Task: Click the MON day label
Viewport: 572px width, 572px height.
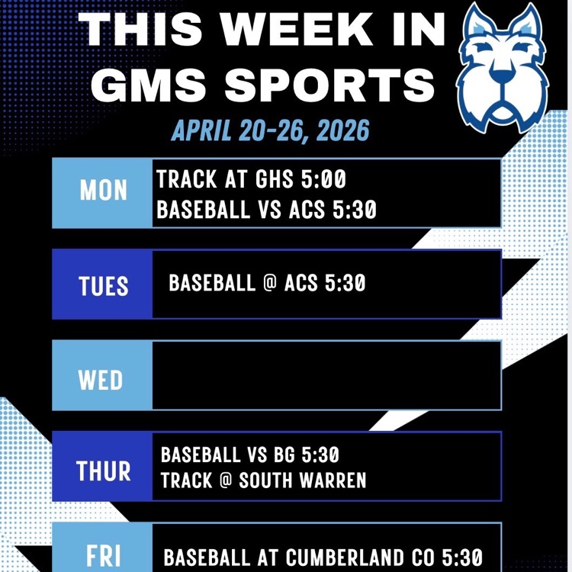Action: pos(103,191)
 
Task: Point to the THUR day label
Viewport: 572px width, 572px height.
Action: pos(103,471)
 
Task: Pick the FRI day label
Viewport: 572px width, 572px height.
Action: pos(103,555)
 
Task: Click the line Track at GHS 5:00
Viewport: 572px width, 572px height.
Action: pos(251,180)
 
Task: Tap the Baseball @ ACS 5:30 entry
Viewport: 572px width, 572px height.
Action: pos(267,284)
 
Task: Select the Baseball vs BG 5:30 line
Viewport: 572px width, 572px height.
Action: pos(249,455)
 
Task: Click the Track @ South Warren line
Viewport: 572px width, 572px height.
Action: pos(263,480)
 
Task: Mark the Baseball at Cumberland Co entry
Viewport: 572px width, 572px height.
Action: pos(323,558)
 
